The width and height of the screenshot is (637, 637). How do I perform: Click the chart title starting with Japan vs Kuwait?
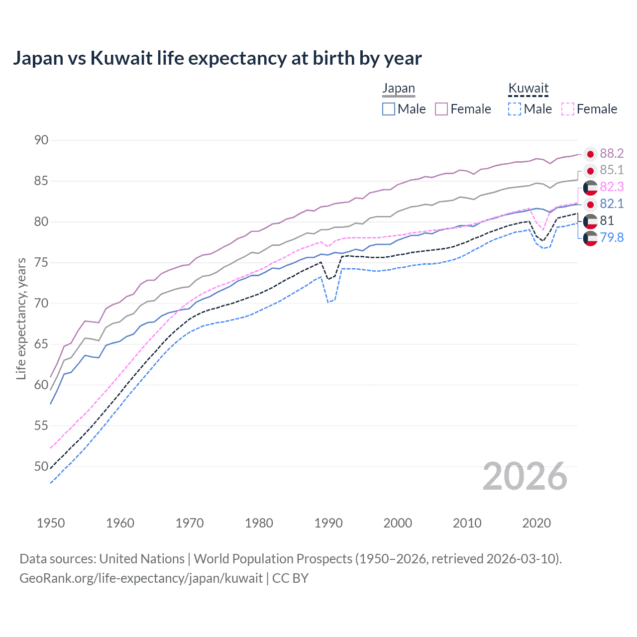pos(217,58)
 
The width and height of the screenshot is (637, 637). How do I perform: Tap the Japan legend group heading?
pos(398,89)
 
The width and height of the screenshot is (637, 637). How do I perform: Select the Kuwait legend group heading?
pos(528,89)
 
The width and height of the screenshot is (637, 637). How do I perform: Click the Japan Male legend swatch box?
pos(389,109)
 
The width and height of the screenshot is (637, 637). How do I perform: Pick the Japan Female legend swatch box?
pos(441,109)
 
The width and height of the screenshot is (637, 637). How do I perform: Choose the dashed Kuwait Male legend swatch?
pos(515,109)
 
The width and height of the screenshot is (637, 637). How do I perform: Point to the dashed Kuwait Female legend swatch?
pos(568,109)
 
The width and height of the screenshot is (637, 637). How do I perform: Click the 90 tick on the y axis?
pos(41,140)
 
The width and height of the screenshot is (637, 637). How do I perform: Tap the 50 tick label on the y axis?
pos(41,467)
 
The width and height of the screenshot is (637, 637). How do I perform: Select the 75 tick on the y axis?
pos(41,263)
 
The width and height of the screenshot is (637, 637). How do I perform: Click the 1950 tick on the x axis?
pos(51,523)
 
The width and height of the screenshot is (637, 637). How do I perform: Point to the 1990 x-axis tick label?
pos(328,523)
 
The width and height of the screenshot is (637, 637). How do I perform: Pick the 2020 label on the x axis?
pos(536,523)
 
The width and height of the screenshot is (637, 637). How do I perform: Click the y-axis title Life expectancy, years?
pos(21,318)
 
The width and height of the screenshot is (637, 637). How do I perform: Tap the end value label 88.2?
pos(612,154)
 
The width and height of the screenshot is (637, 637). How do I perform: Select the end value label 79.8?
pos(612,238)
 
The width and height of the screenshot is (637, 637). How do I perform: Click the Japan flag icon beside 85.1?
pos(590,171)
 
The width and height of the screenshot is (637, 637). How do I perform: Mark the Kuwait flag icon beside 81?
pos(590,221)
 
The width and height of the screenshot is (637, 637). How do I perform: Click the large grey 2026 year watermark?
pos(525,476)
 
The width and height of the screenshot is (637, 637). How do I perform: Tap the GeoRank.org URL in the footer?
pos(141,578)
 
